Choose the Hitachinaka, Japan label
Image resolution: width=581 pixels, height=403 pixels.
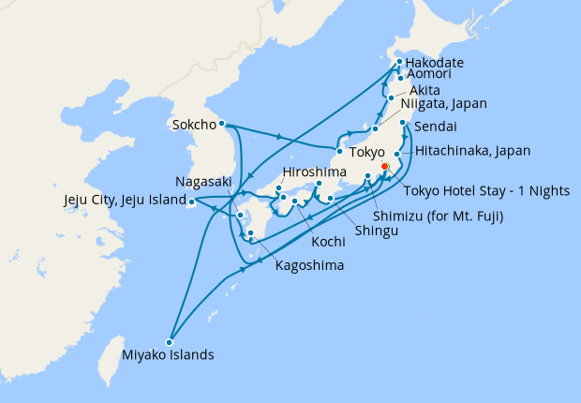(x=473, y=150)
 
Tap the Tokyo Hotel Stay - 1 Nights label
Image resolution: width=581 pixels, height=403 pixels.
(x=486, y=190)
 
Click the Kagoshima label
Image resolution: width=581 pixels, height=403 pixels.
(x=309, y=265)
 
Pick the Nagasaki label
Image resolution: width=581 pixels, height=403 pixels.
(x=203, y=182)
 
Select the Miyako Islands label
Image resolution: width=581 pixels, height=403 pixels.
(x=168, y=355)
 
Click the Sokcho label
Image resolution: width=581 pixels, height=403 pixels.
(x=194, y=123)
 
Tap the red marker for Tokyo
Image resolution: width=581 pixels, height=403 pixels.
(x=384, y=169)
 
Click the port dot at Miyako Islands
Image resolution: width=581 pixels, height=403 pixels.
(x=169, y=341)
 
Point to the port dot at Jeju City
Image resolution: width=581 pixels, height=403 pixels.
(x=190, y=201)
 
